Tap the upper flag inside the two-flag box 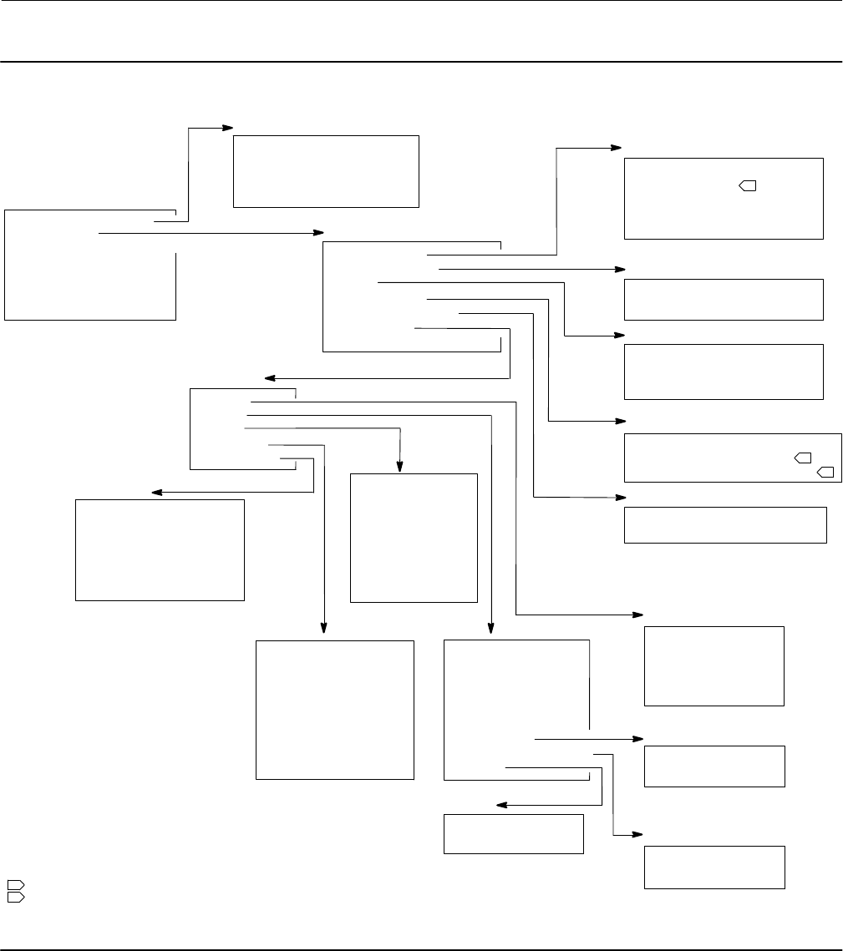(803, 458)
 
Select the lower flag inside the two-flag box (825, 473)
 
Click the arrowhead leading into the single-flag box (617, 148)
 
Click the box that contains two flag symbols (732, 458)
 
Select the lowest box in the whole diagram (714, 867)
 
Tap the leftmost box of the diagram (90, 265)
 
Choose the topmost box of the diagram (325, 170)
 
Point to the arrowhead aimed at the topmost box (227, 128)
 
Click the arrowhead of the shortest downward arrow (401, 468)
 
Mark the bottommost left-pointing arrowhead (501, 805)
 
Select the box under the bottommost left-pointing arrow (512, 833)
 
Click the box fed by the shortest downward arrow (413, 538)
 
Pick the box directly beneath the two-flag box (725, 524)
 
